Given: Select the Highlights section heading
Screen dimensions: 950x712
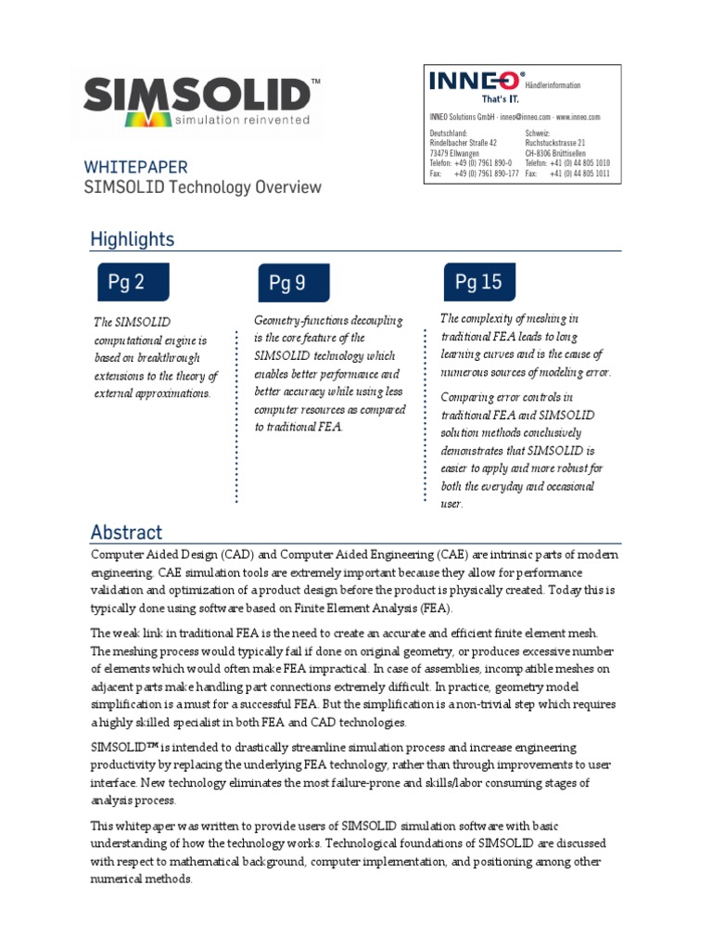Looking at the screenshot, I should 132,238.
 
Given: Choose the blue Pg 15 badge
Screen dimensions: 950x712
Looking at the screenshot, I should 478,281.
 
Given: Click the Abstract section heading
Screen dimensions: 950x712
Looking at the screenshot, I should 126,533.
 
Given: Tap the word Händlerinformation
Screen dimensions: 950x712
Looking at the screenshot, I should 553,85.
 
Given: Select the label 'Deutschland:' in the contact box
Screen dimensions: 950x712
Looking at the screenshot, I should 449,134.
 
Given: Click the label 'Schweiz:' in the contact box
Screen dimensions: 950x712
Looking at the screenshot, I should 540,134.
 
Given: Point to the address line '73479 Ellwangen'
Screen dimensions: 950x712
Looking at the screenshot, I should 454,153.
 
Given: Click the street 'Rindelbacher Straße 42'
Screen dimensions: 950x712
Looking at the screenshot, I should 464,144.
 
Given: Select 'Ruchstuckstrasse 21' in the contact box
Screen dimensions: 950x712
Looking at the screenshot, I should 554,144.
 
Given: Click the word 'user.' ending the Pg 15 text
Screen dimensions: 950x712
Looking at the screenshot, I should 451,505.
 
